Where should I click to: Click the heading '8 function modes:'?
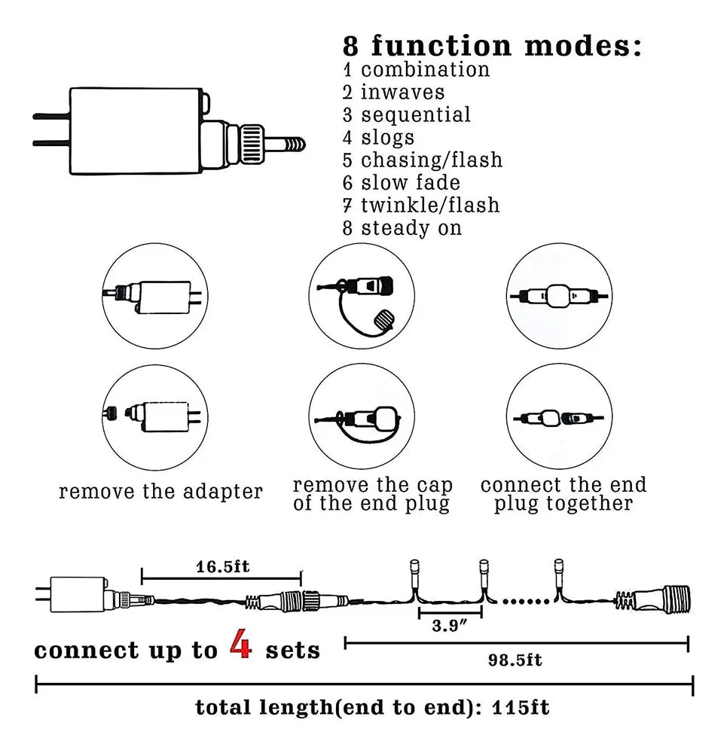[492, 46]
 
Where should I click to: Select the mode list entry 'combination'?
[425, 70]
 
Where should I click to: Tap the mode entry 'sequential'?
[415, 115]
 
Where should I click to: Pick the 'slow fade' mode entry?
[410, 183]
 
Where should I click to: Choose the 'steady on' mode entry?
[411, 228]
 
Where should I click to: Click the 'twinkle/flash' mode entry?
[429, 206]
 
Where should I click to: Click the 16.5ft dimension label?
[221, 566]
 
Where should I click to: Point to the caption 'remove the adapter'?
[161, 492]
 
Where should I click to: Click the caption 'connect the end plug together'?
[564, 495]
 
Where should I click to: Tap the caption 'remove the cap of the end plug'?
[371, 495]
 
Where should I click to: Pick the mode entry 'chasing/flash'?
[431, 160]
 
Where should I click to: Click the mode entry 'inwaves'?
[402, 93]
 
